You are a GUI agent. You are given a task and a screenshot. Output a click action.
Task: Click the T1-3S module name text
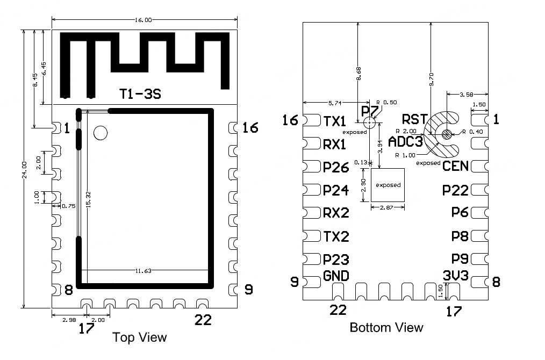(140, 94)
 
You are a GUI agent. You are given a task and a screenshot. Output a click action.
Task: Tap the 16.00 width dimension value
(143, 20)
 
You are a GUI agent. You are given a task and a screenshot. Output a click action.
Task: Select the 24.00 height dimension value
(24, 170)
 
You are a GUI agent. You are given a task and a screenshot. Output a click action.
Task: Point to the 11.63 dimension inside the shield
(143, 271)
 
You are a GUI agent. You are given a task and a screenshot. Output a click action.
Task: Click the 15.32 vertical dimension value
(88, 199)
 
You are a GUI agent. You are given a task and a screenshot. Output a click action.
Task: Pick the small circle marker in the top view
(101, 133)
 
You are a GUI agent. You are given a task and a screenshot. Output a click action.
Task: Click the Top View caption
(139, 337)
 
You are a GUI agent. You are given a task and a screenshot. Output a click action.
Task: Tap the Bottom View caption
(386, 327)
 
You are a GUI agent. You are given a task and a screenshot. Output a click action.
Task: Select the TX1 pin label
(335, 121)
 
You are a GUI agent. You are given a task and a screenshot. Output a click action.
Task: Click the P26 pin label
(336, 167)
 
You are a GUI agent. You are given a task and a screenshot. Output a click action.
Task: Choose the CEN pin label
(455, 166)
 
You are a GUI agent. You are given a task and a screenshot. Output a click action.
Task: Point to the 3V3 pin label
(456, 276)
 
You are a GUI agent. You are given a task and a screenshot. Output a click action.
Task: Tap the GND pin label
(336, 276)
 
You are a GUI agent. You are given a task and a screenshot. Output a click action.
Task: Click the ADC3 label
(405, 142)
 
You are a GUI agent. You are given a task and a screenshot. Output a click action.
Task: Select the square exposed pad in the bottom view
(388, 185)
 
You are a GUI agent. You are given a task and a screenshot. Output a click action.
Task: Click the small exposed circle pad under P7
(369, 123)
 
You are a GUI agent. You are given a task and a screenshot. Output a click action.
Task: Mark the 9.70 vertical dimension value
(432, 79)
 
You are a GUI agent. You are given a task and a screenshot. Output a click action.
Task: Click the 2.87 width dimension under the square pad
(386, 207)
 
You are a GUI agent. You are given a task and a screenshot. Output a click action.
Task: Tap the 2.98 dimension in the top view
(69, 320)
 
